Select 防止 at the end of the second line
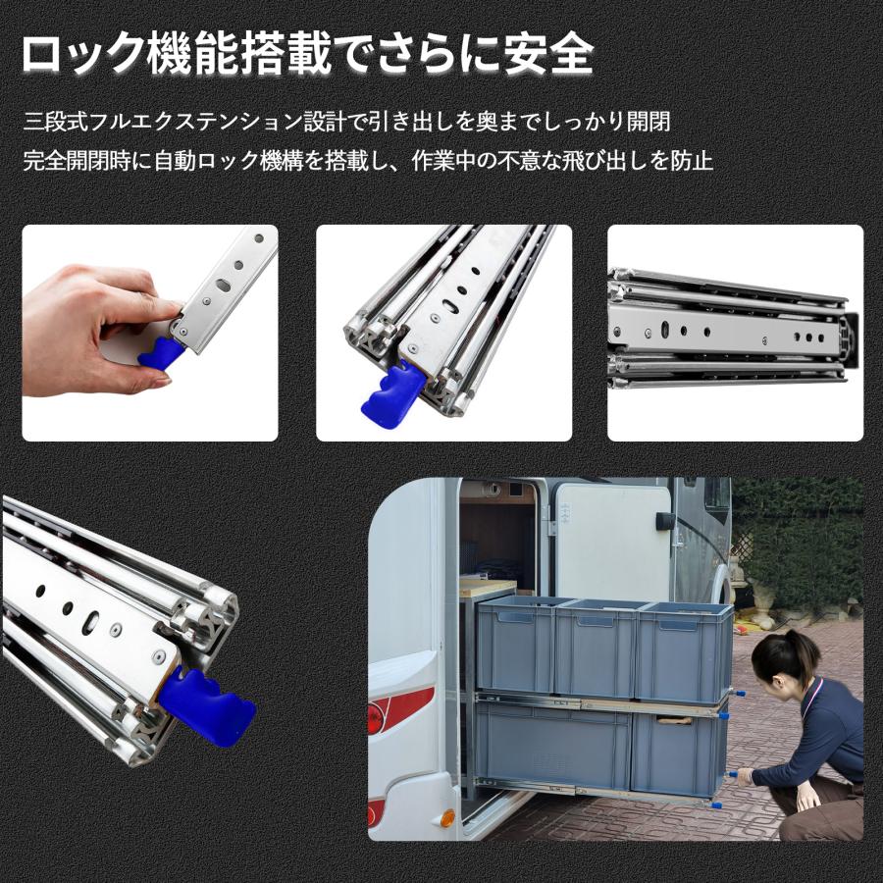coord(692,160)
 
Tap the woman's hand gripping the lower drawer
coord(743,776)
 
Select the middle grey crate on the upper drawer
coord(596,648)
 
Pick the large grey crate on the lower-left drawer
coord(551,746)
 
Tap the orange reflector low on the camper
coord(446,817)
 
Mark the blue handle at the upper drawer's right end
coord(737,694)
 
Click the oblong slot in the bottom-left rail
coord(91,620)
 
